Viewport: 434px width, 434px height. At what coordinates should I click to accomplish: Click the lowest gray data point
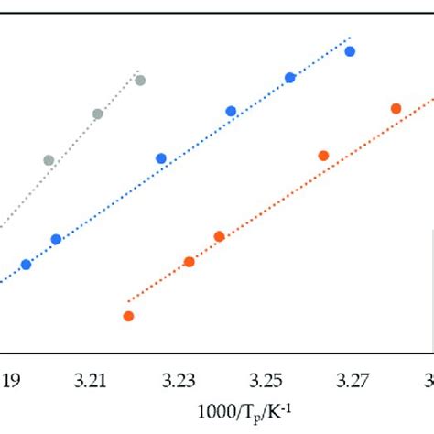[x=49, y=160]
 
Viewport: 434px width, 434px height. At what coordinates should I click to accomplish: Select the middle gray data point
[x=98, y=114]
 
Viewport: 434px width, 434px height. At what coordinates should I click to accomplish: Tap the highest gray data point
[x=140, y=81]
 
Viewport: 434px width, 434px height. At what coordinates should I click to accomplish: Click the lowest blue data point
[x=26, y=265]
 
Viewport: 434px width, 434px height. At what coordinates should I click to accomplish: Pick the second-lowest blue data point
[x=56, y=240]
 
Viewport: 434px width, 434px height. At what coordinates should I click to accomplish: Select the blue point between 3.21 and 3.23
[x=161, y=158]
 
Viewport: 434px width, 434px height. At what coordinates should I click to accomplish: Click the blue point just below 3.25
[x=231, y=112]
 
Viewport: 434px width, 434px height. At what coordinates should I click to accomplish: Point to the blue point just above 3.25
[x=290, y=78]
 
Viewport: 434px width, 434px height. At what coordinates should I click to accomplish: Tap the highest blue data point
[x=350, y=51]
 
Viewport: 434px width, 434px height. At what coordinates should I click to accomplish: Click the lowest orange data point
[x=128, y=316]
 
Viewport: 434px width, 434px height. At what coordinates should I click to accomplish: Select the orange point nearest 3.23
[x=190, y=262]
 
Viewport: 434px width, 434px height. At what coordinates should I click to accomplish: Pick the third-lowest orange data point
[x=220, y=236]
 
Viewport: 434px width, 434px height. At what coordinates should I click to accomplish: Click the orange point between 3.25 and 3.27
[x=323, y=156]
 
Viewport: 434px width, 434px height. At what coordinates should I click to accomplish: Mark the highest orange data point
[x=396, y=108]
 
